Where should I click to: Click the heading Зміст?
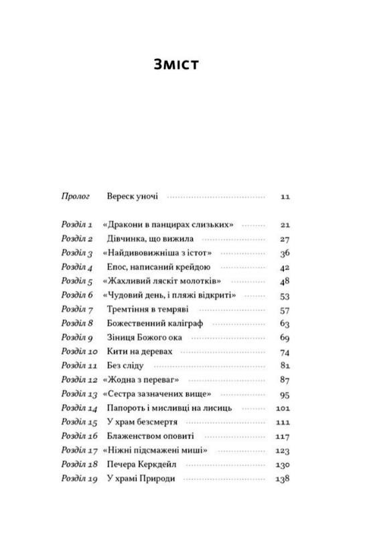pyautogui.click(x=177, y=65)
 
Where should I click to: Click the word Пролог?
pyautogui.click(x=76, y=197)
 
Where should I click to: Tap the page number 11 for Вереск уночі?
pyautogui.click(x=285, y=197)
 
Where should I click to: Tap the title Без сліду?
pyautogui.click(x=125, y=365)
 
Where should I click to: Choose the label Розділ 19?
pyautogui.click(x=79, y=479)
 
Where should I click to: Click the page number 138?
pyautogui.click(x=283, y=479)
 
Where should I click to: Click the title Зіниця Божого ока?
pyautogui.click(x=145, y=337)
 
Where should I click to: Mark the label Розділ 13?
pyautogui.click(x=79, y=393)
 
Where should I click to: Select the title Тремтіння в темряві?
pyautogui.click(x=147, y=309)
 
